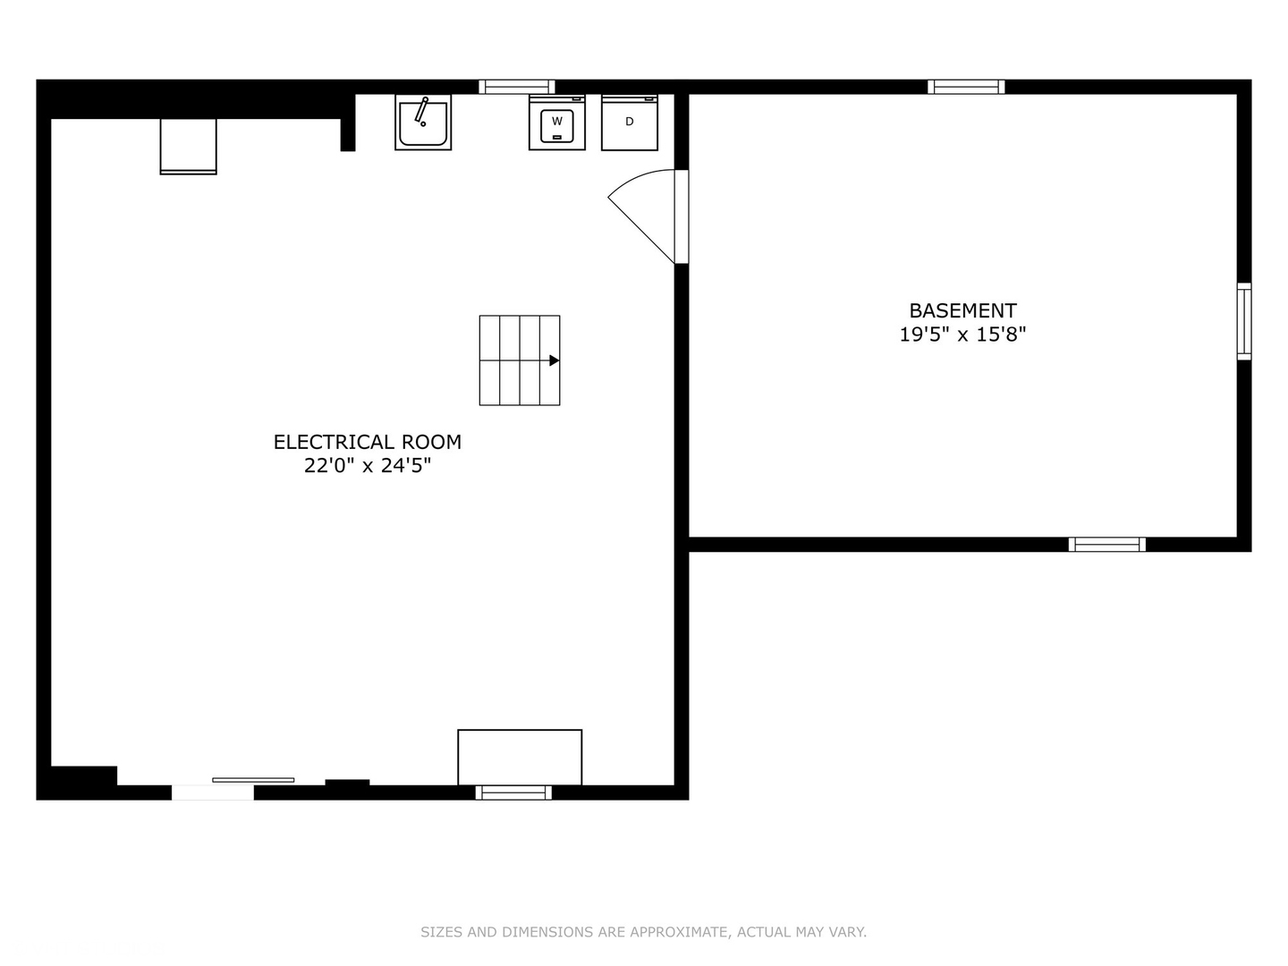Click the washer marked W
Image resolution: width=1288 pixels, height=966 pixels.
(557, 123)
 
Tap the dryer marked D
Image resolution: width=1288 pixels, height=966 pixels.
(630, 123)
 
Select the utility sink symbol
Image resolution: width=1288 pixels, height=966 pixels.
(423, 123)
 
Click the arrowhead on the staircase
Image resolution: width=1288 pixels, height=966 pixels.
(555, 360)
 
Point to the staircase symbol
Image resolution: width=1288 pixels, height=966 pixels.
(520, 360)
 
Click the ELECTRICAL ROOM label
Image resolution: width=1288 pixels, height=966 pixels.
(368, 442)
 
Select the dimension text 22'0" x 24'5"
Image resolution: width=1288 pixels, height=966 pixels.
(368, 465)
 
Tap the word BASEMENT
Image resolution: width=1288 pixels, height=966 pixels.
(962, 310)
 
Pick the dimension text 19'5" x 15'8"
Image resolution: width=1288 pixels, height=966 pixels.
(962, 335)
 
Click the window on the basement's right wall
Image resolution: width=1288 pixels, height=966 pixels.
(1244, 321)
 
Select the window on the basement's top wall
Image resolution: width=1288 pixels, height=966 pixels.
(966, 87)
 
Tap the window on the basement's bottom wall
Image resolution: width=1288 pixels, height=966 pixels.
(1107, 544)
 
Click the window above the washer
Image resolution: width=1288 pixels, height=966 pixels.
(517, 87)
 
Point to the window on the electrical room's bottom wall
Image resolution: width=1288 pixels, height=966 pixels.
(513, 792)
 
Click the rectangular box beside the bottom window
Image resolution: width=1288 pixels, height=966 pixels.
(520, 758)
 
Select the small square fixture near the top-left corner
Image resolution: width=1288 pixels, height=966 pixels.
(188, 146)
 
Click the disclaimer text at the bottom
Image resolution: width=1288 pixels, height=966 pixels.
(643, 932)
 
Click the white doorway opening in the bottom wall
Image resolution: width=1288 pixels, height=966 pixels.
(213, 792)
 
